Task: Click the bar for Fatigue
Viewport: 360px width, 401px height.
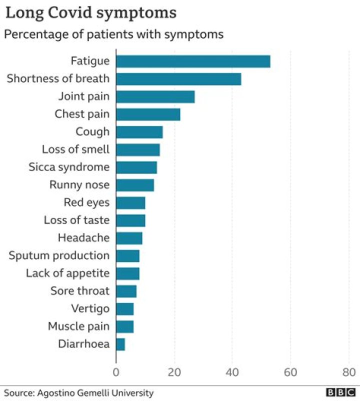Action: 193,61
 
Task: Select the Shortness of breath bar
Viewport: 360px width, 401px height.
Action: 178,79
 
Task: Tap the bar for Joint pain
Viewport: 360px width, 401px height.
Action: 155,96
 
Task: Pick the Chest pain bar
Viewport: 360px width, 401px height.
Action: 148,114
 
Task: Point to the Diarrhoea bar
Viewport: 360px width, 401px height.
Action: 120,344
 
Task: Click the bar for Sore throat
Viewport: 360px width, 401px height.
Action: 126,291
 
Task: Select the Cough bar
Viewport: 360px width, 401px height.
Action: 139,132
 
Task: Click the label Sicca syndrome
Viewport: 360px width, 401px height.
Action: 69,167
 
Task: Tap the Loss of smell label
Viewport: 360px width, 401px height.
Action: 75,149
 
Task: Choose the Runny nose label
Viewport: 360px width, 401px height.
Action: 79,185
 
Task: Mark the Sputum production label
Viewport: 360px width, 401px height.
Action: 59,255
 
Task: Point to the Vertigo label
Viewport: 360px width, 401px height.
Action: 90,308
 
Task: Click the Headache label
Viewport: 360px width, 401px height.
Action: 83,238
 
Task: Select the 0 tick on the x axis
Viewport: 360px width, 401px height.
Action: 116,372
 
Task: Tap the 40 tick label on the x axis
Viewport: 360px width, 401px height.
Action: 232,372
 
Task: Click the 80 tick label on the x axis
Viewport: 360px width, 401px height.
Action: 348,372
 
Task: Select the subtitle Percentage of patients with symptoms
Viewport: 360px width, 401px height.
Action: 113,34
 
